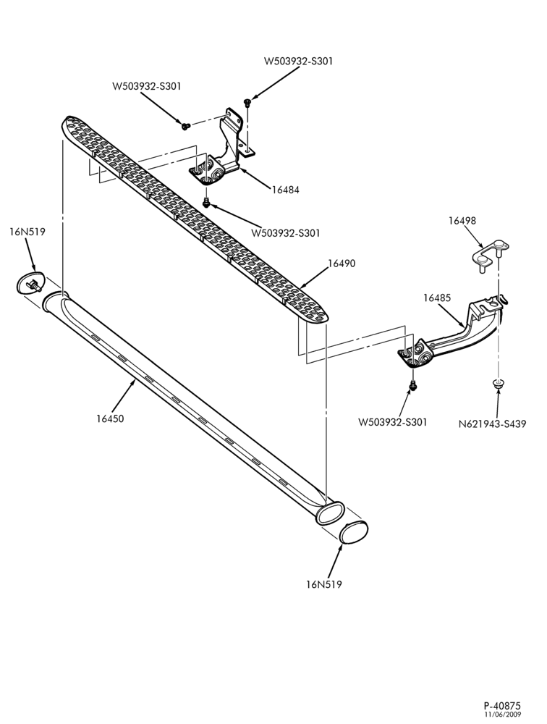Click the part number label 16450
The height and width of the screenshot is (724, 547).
(x=110, y=418)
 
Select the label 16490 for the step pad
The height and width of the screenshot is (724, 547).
(x=342, y=264)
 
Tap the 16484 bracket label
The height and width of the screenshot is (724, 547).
(x=285, y=189)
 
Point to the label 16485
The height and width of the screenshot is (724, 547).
(x=437, y=298)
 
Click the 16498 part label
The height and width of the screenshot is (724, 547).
(x=462, y=220)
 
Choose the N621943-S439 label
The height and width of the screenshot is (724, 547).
(x=492, y=424)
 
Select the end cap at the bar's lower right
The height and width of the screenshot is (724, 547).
(x=354, y=531)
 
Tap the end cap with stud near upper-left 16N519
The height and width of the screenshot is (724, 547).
(x=30, y=282)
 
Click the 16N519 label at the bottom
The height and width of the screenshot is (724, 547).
(x=323, y=584)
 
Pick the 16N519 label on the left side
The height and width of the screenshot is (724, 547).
(x=27, y=232)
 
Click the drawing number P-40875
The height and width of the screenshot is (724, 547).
(x=502, y=706)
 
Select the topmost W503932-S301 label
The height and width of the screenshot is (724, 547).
(x=298, y=61)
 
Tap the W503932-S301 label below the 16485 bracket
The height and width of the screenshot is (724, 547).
(x=393, y=421)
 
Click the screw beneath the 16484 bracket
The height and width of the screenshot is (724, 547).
(x=207, y=202)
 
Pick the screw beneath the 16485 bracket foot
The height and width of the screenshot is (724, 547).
(x=413, y=384)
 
